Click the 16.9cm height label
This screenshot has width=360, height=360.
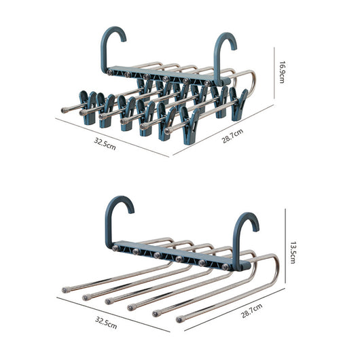[x=282, y=72]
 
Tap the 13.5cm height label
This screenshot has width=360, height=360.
[x=293, y=252]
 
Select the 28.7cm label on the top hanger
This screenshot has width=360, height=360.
[x=232, y=136]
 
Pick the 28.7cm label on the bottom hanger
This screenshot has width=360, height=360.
[x=251, y=310]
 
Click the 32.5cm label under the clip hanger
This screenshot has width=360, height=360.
[x=105, y=144]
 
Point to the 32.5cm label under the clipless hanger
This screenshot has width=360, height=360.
[x=106, y=323]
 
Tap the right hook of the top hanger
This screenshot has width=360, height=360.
[x=224, y=58]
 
